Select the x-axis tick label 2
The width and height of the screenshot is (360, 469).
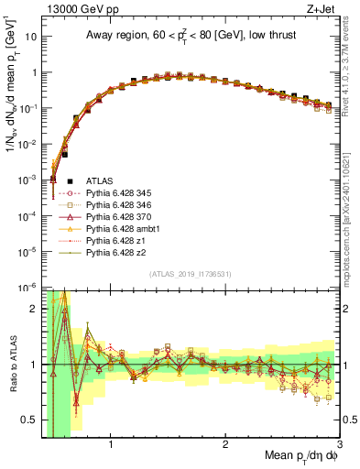(x=225, y=446)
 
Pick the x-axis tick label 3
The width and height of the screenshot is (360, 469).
(x=339, y=446)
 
